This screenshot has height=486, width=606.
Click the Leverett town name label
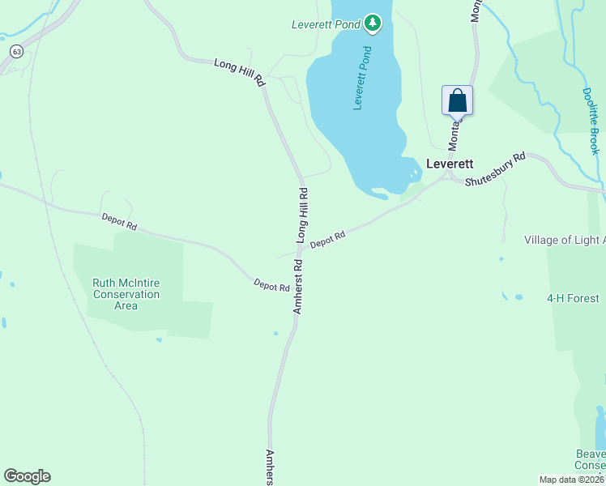click(x=450, y=163)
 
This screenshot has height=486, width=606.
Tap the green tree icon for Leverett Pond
click(x=373, y=23)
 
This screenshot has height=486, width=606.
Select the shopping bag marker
click(x=457, y=101)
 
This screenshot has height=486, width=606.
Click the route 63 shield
click(x=16, y=51)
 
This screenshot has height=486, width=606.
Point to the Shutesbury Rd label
click(x=495, y=168)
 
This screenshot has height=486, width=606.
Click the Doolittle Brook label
click(x=590, y=122)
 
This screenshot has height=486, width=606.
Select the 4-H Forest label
click(x=573, y=298)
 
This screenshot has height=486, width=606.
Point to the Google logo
click(x=27, y=476)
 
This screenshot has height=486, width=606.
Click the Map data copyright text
click(x=572, y=480)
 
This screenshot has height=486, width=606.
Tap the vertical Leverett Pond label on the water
click(x=363, y=79)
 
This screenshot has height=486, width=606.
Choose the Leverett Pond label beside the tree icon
click(x=326, y=24)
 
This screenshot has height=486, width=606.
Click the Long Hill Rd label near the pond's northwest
click(x=239, y=72)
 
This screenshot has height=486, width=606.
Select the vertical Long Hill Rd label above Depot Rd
click(x=303, y=215)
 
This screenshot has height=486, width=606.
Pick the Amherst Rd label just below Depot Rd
click(x=298, y=287)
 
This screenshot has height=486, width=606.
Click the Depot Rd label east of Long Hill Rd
click(x=328, y=239)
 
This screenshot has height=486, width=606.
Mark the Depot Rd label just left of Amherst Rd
click(x=271, y=285)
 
